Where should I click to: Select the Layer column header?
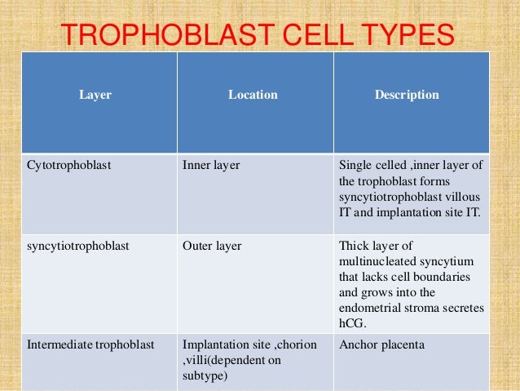[x=95, y=96]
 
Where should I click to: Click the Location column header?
[x=253, y=96]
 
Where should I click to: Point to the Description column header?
[x=407, y=96]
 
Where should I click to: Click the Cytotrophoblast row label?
[x=69, y=164]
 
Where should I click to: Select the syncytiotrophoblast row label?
[x=74, y=245]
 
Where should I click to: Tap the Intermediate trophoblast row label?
[x=90, y=344]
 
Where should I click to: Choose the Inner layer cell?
[x=211, y=164]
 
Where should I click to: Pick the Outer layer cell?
[x=212, y=245]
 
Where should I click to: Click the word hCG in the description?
[x=351, y=322]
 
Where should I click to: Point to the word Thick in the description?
[x=353, y=245]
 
